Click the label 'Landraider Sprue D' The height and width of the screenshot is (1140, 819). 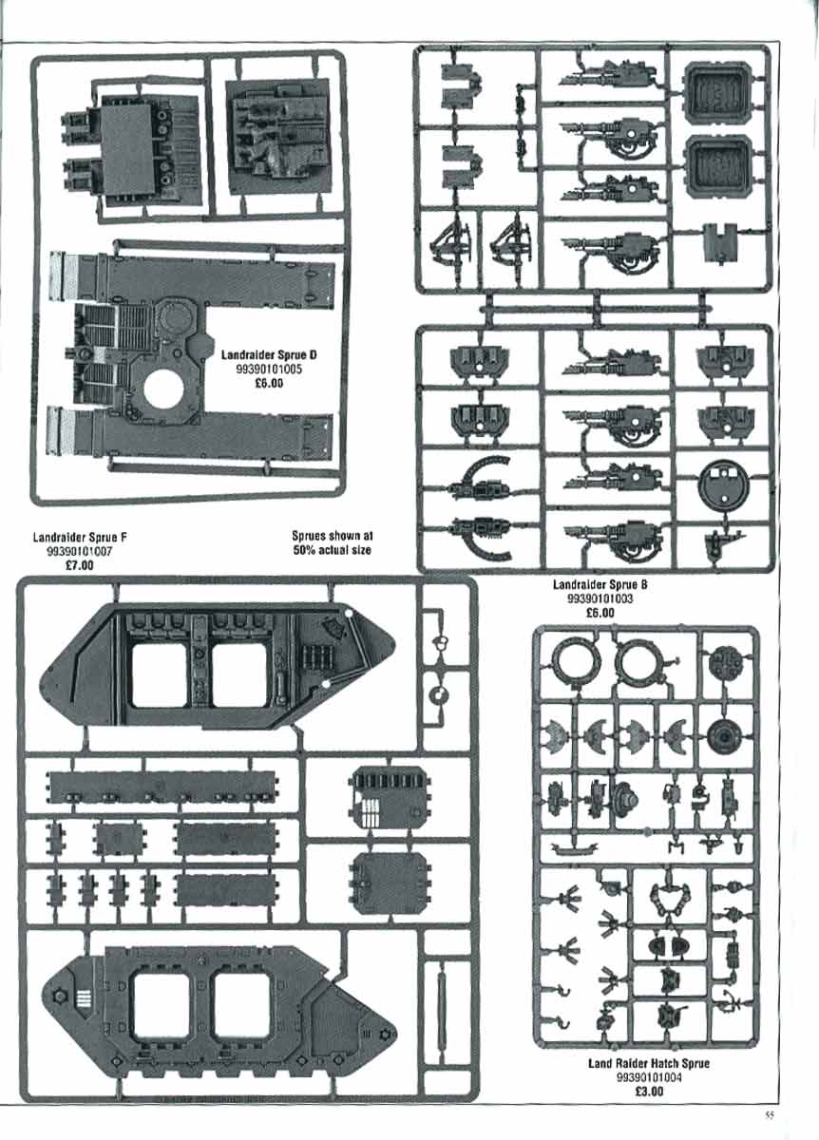tap(268, 354)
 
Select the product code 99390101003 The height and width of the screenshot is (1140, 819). tap(600, 599)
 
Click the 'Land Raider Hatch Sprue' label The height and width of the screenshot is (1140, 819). tap(649, 1063)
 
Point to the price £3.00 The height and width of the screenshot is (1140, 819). tap(649, 1092)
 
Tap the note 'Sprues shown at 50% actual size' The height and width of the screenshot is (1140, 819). tap(332, 543)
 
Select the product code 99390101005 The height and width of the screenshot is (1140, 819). tap(269, 369)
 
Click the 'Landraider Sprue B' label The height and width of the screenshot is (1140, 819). tap(600, 585)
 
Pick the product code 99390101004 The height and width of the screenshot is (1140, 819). tap(649, 1077)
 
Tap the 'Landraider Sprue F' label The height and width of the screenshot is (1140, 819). tap(81, 538)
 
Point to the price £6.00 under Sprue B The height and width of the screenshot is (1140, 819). tap(600, 614)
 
